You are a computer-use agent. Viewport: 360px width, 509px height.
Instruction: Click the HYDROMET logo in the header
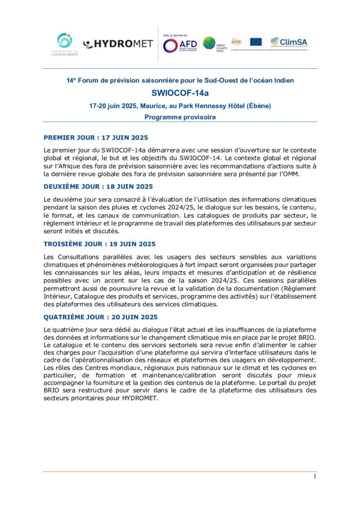118,44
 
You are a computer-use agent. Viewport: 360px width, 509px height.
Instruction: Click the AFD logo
180,45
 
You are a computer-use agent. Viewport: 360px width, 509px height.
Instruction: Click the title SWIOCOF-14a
180,92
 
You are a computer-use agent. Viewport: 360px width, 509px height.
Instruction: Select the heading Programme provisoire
180,117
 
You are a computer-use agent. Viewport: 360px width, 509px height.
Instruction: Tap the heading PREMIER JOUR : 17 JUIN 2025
95,137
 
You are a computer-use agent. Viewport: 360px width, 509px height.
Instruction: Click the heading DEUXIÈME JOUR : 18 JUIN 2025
98,186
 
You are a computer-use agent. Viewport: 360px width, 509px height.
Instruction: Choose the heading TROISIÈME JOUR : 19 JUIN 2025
99,244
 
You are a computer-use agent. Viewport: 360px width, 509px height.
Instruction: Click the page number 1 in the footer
315,477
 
